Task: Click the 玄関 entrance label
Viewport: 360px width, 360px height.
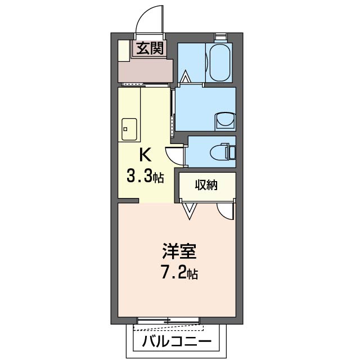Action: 150,49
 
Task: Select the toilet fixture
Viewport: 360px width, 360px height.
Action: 223,151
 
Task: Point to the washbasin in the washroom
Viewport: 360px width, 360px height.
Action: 225,121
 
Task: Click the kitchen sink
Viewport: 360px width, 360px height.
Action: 129,129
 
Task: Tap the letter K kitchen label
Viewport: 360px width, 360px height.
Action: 145,155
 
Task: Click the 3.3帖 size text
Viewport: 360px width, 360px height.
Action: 145,177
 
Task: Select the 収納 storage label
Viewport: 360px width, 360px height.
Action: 206,185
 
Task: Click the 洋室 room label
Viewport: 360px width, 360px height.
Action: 179,251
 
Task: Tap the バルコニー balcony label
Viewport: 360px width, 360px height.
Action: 176,342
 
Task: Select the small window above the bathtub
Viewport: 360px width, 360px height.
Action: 220,36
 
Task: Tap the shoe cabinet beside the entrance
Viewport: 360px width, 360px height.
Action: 124,51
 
